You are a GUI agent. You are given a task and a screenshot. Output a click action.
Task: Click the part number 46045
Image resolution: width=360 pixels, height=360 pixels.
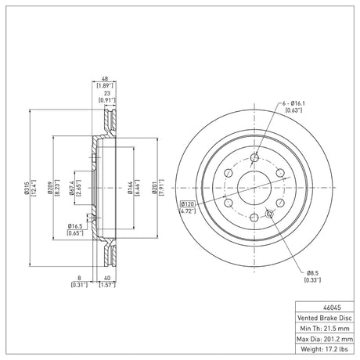(332, 308)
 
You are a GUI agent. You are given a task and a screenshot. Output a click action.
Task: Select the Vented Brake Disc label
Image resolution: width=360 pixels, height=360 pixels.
(325, 318)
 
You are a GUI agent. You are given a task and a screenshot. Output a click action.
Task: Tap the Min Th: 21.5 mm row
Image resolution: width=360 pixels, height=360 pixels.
(325, 329)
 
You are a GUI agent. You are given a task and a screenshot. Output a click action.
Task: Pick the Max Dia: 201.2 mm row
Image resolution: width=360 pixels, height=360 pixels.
(325, 339)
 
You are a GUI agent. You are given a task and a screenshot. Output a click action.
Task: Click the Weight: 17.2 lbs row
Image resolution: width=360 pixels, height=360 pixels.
(324, 349)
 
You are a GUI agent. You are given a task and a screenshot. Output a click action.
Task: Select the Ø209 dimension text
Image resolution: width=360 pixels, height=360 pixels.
(50, 188)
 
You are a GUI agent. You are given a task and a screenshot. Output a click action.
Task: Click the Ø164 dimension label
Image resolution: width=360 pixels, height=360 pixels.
(130, 188)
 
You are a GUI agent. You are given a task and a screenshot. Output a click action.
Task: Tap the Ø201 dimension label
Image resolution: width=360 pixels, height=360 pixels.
(154, 188)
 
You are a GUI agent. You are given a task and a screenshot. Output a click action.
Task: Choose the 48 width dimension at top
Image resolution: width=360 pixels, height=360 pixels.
(105, 79)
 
